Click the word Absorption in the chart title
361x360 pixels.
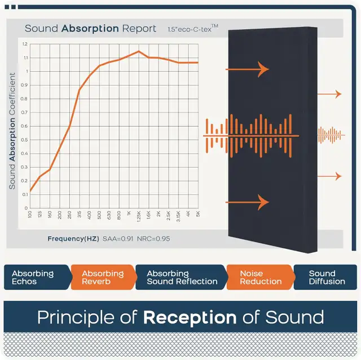(x=90, y=29)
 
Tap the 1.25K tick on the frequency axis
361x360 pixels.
(x=139, y=216)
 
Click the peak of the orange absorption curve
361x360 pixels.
(x=139, y=51)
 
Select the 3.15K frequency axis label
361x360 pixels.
(x=178, y=216)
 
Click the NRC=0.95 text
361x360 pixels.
(x=153, y=239)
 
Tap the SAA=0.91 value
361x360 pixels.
(x=118, y=239)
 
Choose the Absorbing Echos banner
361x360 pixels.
(x=37, y=277)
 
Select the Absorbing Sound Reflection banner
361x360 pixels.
(x=181, y=277)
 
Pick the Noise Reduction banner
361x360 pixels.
(x=261, y=277)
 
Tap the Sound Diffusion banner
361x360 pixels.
(x=325, y=277)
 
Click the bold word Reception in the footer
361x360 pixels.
(x=190, y=318)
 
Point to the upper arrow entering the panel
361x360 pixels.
(x=247, y=69)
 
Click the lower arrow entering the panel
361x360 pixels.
(x=247, y=202)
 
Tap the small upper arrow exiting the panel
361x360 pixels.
(x=329, y=94)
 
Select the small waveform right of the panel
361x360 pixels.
(x=331, y=135)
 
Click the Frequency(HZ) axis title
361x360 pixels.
(x=73, y=239)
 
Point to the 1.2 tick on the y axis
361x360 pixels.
(x=25, y=44)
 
